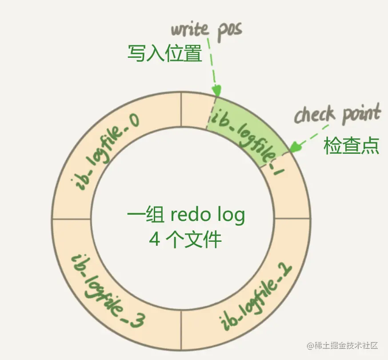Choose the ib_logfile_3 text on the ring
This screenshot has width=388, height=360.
[x=109, y=291]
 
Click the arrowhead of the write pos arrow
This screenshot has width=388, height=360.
[x=217, y=91]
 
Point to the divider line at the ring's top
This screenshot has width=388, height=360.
[x=181, y=111]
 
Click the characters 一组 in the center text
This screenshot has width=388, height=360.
[x=141, y=216]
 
